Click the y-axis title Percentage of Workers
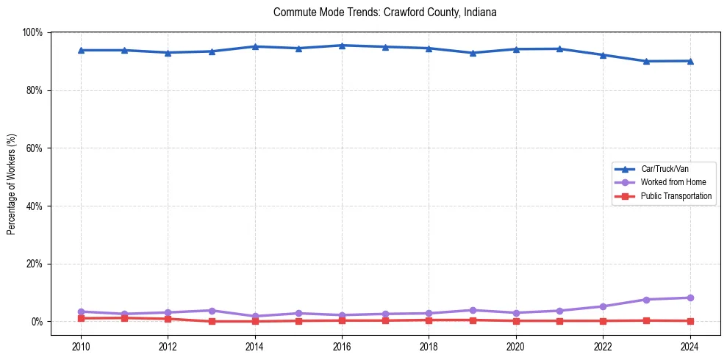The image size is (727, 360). (x=11, y=184)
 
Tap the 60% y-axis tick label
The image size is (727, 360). (x=35, y=148)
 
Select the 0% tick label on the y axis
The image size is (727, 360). (x=37, y=322)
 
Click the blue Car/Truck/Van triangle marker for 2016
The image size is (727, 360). (x=342, y=46)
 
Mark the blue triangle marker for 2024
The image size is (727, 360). (x=690, y=61)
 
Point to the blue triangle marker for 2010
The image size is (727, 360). (x=81, y=50)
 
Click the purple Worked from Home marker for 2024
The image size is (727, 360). (x=690, y=298)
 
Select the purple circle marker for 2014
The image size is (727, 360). (x=255, y=316)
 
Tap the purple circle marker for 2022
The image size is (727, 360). (x=603, y=306)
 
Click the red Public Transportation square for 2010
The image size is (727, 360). (x=81, y=318)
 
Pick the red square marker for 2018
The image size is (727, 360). (x=429, y=320)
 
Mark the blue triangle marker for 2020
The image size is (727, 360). (x=516, y=49)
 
